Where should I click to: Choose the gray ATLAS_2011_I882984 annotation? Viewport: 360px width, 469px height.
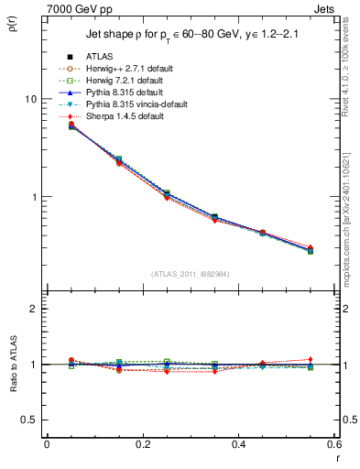click(191, 275)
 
